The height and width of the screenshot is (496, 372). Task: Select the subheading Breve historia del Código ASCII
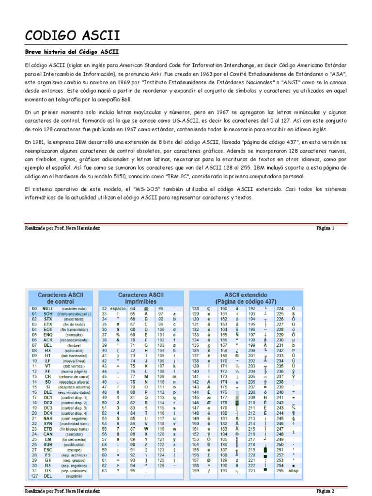(71, 52)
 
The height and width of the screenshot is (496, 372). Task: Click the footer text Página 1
(325, 227)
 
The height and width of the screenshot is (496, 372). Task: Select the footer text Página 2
(325, 491)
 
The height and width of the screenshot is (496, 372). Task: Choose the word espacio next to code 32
(117, 309)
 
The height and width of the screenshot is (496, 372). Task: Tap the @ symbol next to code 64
(145, 309)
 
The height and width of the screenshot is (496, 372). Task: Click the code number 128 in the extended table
(196, 309)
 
